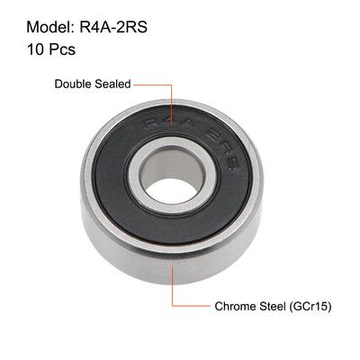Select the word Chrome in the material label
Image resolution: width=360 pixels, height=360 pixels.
[x=235, y=306]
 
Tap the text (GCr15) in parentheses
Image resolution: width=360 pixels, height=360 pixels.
[x=311, y=306]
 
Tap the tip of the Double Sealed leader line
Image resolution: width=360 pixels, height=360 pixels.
[x=172, y=112]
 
